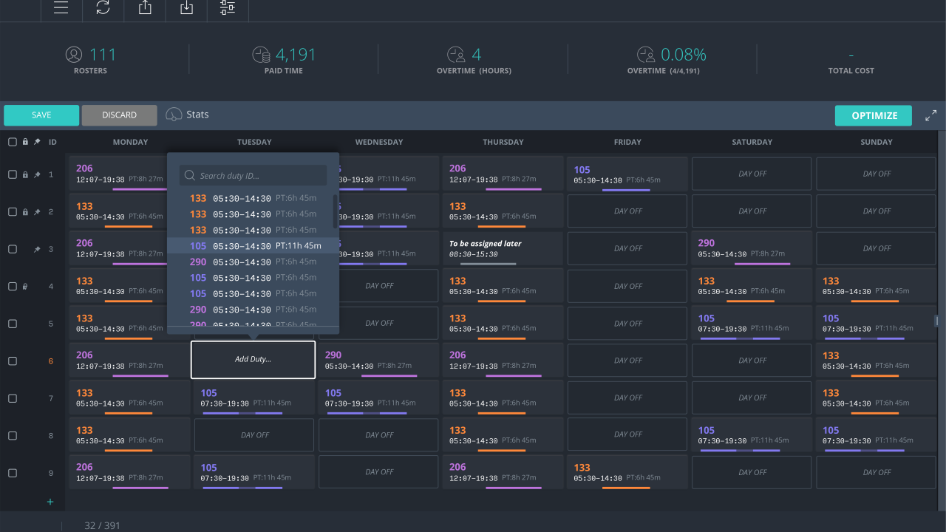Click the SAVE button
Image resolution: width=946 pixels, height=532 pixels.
[41, 115]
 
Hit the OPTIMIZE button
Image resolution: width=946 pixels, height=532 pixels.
[874, 115]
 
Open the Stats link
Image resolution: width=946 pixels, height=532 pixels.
[188, 115]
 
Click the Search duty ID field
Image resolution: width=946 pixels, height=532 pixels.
[253, 176]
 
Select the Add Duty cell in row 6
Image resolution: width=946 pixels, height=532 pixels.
[253, 360]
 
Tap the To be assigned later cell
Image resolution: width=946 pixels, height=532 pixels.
[503, 248]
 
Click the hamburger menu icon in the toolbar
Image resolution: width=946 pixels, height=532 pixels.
[61, 7]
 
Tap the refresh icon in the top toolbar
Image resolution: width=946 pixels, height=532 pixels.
[103, 7]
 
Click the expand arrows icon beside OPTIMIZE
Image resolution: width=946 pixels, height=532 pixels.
[930, 115]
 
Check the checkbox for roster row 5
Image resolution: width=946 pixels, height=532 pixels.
[13, 324]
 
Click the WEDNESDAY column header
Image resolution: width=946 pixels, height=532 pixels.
[378, 142]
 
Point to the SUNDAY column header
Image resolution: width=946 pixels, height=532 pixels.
[877, 142]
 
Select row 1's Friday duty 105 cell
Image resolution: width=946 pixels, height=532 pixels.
[627, 174]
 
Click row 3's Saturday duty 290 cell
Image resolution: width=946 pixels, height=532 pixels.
[752, 248]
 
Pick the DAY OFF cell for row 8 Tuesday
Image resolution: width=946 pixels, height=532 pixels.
[254, 435]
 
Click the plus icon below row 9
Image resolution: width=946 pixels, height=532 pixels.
[50, 502]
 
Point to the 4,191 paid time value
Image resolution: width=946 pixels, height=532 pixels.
[296, 55]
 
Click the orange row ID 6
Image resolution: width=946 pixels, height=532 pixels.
[51, 361]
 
